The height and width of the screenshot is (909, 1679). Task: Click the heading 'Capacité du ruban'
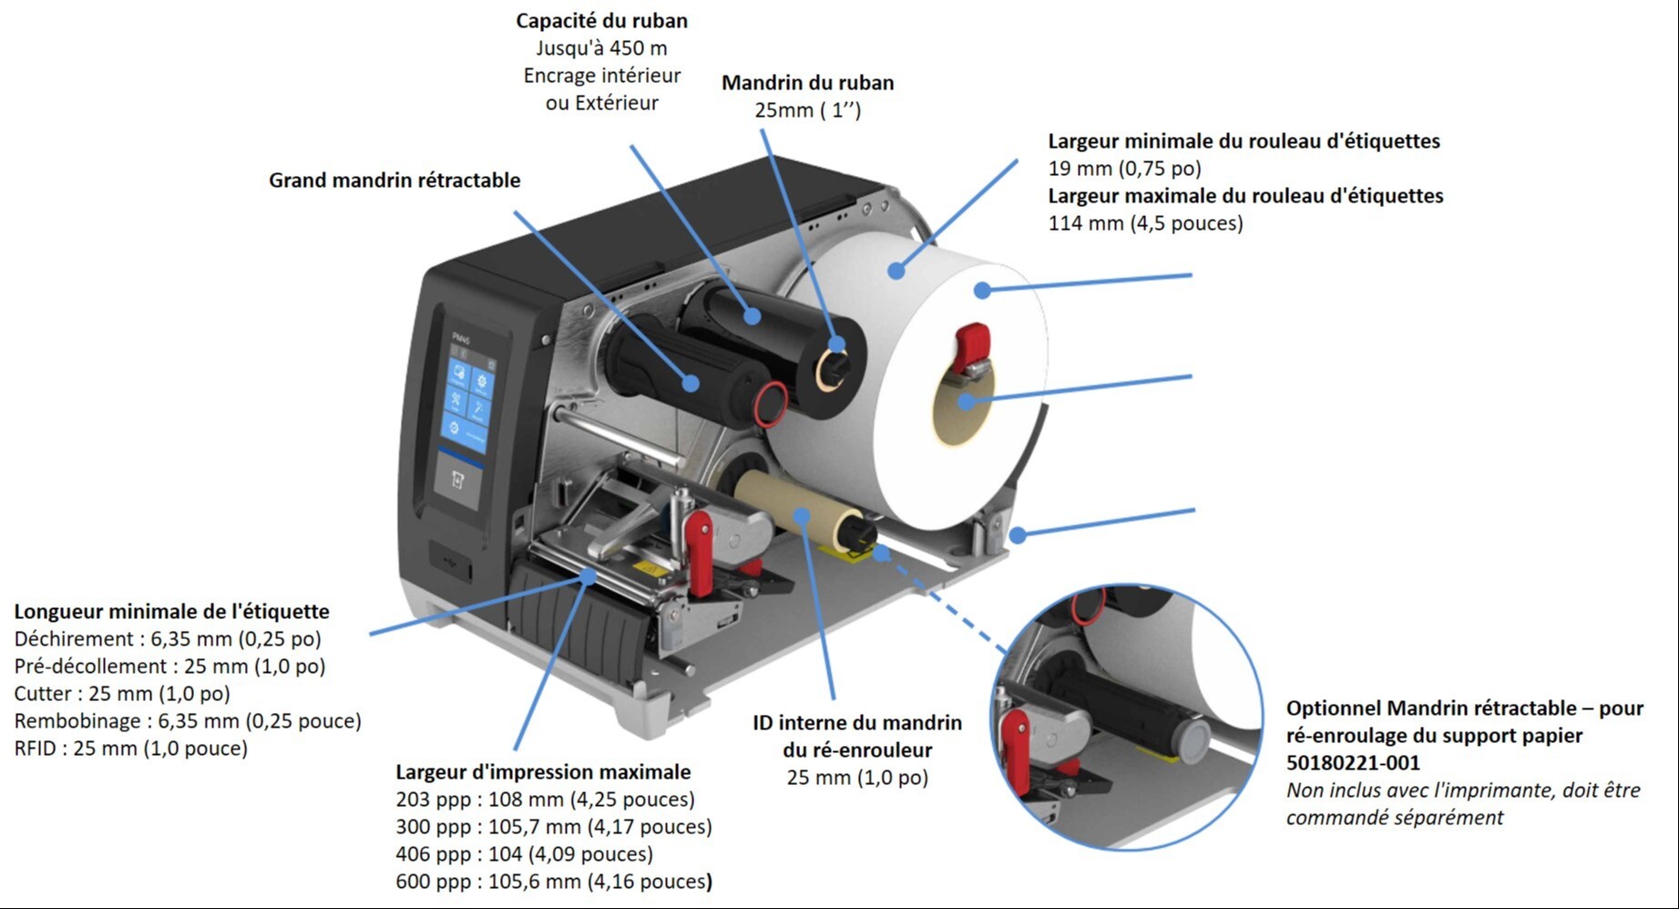coord(601,21)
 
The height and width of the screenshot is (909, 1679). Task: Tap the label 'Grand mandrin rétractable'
coord(394,181)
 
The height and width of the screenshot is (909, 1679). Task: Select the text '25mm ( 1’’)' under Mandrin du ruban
coord(807,110)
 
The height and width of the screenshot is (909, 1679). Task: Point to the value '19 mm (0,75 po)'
coord(1124,169)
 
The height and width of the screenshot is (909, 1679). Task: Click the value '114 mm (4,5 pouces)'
coord(1145,223)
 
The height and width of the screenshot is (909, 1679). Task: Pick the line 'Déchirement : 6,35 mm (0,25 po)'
coord(168,639)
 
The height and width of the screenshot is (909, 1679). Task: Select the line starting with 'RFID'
coord(131,749)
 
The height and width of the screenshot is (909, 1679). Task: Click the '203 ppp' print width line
coord(545,800)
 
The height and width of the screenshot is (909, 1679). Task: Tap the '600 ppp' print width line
coord(554,882)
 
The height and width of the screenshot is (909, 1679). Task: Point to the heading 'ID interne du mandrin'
coord(856,723)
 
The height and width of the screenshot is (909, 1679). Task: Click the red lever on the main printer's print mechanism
coord(700,548)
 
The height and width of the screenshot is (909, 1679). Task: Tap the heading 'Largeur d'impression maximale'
coord(543,772)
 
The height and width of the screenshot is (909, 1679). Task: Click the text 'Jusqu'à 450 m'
coord(601,48)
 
